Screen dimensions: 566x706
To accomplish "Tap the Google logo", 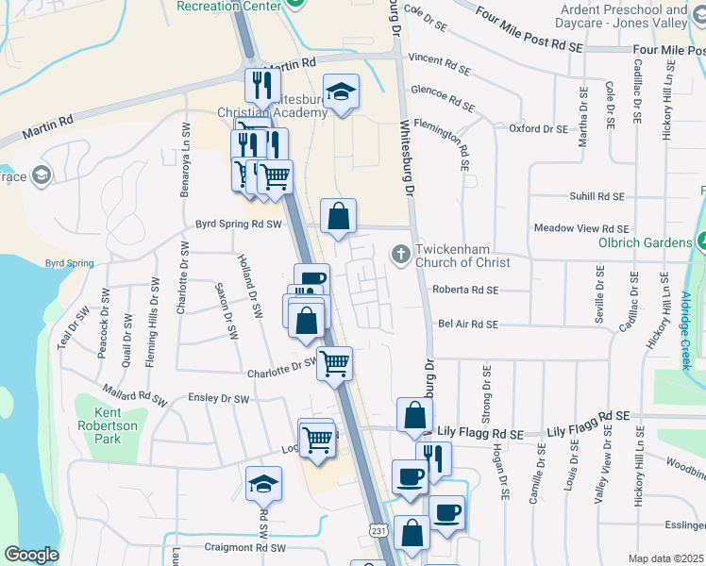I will [31, 555].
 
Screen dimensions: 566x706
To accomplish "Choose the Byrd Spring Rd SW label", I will [239, 225].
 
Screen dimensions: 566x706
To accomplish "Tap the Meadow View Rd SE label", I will [580, 228].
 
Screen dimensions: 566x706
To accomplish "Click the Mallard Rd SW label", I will [134, 396].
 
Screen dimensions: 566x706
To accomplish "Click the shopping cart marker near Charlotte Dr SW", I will [335, 362].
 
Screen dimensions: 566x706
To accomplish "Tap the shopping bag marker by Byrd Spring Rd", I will [339, 216].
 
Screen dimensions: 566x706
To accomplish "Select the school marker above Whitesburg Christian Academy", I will [341, 92].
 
